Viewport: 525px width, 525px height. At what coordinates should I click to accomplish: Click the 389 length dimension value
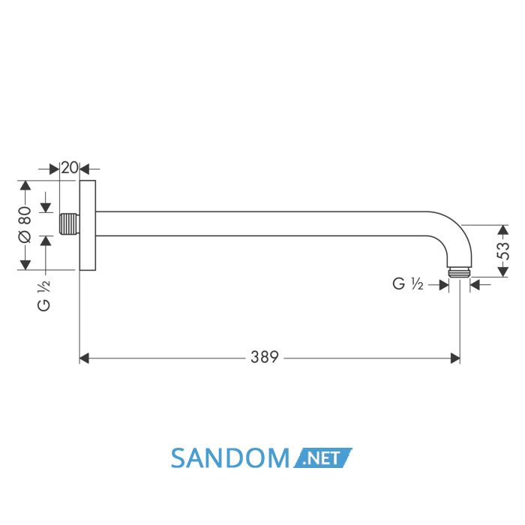point(265,357)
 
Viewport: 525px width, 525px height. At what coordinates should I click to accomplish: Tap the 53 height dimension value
point(503,251)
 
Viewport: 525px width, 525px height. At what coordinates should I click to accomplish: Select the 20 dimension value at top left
point(70,168)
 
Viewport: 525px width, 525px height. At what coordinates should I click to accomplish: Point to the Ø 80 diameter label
point(25,225)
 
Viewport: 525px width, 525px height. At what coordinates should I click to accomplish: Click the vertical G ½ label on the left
point(43,295)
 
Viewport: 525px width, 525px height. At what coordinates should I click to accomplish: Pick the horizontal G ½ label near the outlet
point(408,284)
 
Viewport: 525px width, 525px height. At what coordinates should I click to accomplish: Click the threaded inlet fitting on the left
point(69,223)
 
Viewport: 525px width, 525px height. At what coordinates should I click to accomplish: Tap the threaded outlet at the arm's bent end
point(459,272)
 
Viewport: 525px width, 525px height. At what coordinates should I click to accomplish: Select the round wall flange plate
point(88,225)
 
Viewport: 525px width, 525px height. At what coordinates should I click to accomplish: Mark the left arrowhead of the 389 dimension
point(84,358)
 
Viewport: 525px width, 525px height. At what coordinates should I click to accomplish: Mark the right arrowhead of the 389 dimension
point(455,358)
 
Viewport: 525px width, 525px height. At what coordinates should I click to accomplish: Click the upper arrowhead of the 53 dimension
point(503,229)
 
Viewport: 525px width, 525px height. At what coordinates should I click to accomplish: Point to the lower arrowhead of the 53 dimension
point(503,272)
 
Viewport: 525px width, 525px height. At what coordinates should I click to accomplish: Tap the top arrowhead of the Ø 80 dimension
point(25,185)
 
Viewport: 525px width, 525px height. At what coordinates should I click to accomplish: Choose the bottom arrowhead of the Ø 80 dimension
point(25,265)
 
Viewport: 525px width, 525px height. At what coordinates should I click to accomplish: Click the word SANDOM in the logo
point(230,458)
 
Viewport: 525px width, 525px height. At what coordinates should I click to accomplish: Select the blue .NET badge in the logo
point(322,457)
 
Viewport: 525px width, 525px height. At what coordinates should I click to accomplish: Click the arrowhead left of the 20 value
point(54,169)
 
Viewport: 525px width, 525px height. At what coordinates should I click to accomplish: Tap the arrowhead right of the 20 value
point(84,169)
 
